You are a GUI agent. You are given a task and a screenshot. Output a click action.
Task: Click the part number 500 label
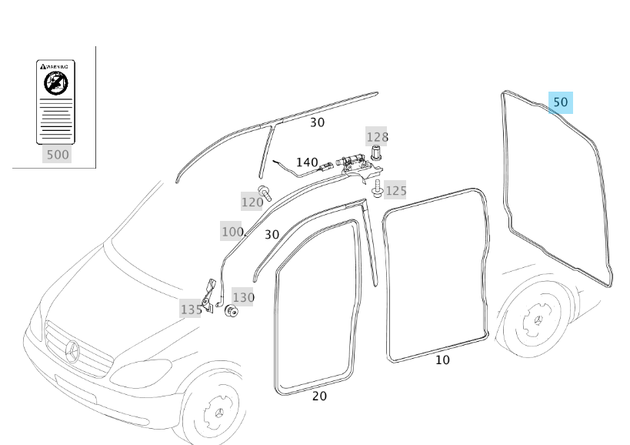[x=58, y=155]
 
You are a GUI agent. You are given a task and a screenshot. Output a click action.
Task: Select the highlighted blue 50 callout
[x=561, y=102]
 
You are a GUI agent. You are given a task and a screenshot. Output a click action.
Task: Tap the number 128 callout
[x=377, y=137]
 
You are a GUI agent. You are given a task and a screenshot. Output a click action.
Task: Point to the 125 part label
[x=395, y=190]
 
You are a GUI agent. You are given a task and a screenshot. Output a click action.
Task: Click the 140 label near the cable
[x=307, y=162]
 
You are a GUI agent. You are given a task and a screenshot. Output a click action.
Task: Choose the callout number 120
[x=252, y=202]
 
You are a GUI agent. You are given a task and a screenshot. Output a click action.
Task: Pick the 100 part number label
[x=232, y=232]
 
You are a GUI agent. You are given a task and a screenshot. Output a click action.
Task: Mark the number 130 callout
[x=243, y=297]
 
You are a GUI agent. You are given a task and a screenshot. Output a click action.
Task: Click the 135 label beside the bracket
[x=191, y=309]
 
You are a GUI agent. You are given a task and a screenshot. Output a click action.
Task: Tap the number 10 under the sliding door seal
[x=442, y=360]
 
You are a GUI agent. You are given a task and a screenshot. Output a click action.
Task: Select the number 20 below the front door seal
[x=319, y=396]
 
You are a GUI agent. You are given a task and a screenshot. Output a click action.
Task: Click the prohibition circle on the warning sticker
[x=56, y=82]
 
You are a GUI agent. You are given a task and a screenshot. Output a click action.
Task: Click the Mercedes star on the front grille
[x=73, y=351]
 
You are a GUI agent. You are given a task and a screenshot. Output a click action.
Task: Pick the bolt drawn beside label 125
[x=377, y=187]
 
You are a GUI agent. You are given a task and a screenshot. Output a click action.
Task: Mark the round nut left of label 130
[x=229, y=310]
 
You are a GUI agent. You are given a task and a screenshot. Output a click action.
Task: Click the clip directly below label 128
[x=375, y=152]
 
